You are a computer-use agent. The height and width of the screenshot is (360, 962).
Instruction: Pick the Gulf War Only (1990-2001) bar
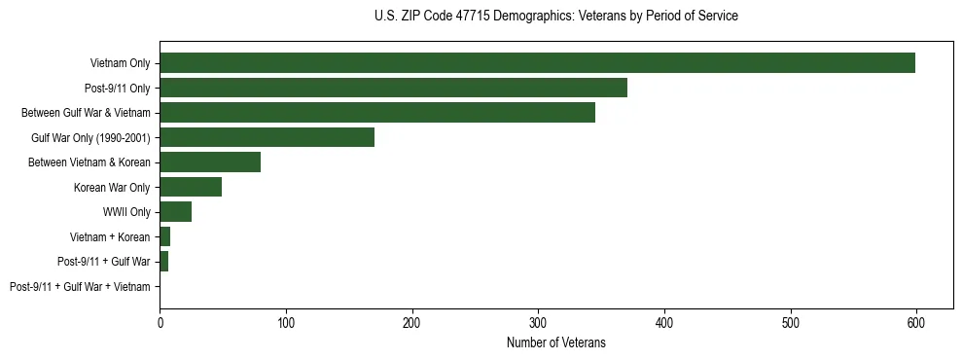[267, 137]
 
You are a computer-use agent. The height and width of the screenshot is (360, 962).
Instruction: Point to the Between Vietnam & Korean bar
[210, 162]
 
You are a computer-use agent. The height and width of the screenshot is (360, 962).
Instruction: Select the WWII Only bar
[175, 212]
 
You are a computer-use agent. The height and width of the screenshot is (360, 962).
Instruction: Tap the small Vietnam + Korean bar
[164, 236]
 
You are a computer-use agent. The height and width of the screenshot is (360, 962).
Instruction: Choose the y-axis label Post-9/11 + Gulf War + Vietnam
[80, 287]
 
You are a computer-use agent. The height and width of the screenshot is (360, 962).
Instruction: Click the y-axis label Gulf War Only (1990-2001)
[90, 137]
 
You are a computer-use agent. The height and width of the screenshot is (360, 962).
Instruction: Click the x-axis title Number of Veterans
[555, 342]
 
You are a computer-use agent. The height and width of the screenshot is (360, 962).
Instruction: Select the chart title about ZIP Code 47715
[555, 17]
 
